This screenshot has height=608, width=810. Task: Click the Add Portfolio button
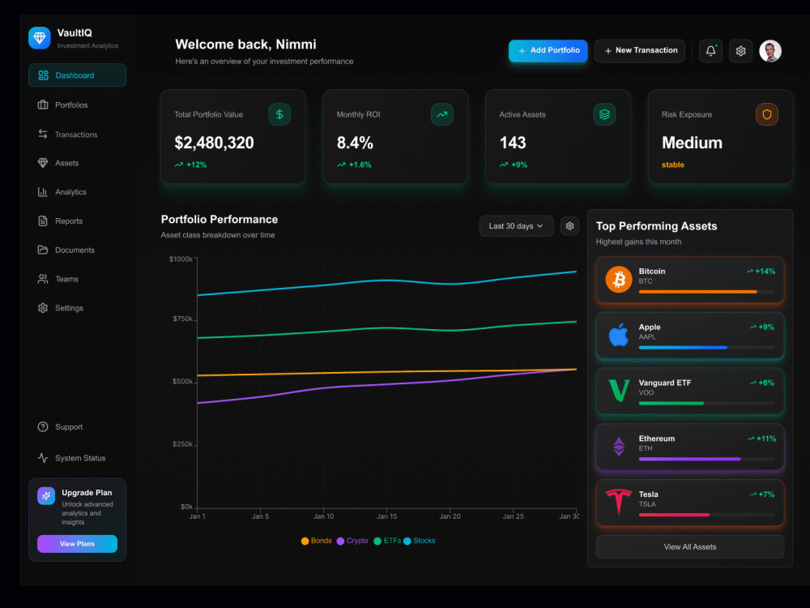pos(548,50)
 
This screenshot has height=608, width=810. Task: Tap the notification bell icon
pos(711,50)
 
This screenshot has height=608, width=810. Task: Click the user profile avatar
pos(770,50)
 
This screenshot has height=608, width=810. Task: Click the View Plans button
pos(78,544)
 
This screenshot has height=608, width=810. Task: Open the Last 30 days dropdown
pos(516,226)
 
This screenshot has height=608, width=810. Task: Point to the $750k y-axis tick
pos(182,319)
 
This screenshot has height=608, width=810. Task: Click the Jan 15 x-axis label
pos(387,516)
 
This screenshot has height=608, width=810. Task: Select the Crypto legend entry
pos(352,541)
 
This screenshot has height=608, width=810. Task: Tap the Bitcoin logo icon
pos(619,280)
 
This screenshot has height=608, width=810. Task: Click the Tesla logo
pos(619,502)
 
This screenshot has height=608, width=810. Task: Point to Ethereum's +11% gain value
pos(766,439)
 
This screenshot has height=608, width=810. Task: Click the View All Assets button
pos(690,547)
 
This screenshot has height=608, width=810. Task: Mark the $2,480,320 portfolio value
pos(215,143)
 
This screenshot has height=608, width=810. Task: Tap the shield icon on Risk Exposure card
pos(767,114)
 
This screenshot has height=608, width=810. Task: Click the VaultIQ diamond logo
pos(40,38)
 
